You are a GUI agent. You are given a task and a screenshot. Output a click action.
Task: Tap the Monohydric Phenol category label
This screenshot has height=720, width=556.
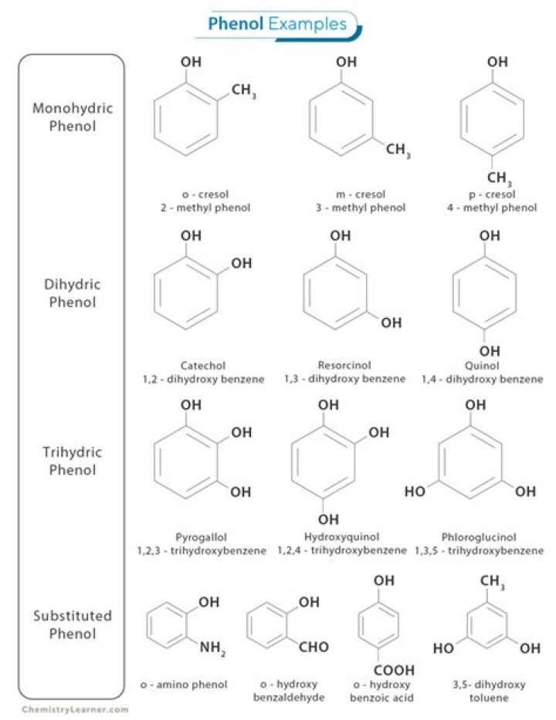click(72, 117)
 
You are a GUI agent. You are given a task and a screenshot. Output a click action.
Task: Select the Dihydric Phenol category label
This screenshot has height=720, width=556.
click(72, 293)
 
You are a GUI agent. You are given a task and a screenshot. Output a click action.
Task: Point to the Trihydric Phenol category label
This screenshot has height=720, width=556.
click(72, 461)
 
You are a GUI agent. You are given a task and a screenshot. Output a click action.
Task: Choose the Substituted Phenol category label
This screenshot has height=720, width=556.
click(72, 625)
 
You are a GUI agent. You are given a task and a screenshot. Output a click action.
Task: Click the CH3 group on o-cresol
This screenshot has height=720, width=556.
click(242, 93)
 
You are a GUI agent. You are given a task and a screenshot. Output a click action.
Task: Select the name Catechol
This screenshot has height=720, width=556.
click(202, 365)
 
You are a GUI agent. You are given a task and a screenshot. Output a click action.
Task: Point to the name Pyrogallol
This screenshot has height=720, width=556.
click(203, 537)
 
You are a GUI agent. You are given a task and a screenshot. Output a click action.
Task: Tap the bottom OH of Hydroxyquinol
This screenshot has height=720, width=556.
click(328, 519)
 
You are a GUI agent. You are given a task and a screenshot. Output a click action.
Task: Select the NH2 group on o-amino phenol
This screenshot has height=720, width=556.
click(213, 648)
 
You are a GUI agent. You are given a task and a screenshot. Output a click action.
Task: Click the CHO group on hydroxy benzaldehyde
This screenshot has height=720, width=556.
click(314, 647)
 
